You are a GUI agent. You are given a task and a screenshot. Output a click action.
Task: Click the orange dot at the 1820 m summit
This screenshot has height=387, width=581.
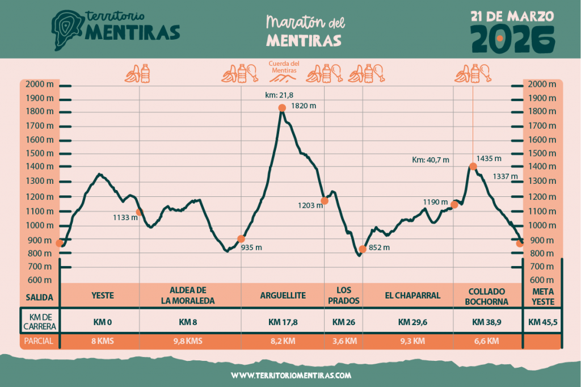[281, 108]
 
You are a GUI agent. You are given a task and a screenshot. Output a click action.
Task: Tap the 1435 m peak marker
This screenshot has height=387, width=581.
[473, 166]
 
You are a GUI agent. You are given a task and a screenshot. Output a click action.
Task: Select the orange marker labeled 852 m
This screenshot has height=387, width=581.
[362, 249]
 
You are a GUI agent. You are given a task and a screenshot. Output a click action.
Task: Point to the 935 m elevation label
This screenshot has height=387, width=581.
[252, 247]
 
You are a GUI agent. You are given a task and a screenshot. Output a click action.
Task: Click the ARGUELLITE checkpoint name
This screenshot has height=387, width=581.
[283, 296]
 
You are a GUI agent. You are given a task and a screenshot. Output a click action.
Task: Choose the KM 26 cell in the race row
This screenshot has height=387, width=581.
[343, 322]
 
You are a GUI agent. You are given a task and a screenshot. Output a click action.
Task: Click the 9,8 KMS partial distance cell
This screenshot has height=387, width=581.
[187, 341]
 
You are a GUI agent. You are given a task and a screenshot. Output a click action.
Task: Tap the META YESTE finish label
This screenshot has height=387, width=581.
[542, 296]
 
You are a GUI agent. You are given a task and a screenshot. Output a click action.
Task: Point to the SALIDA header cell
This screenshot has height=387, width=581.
[39, 297]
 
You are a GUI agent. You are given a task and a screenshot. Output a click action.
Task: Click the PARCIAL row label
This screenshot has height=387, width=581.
[39, 342]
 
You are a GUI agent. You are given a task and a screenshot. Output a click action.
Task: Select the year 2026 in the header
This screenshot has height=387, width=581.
[513, 37]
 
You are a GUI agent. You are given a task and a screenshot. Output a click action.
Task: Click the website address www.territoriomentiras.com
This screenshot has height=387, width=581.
[291, 376]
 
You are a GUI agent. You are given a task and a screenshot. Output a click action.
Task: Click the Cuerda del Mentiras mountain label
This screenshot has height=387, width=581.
[284, 68]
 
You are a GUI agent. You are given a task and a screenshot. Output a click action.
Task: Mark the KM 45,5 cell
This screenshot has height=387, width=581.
[542, 322]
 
